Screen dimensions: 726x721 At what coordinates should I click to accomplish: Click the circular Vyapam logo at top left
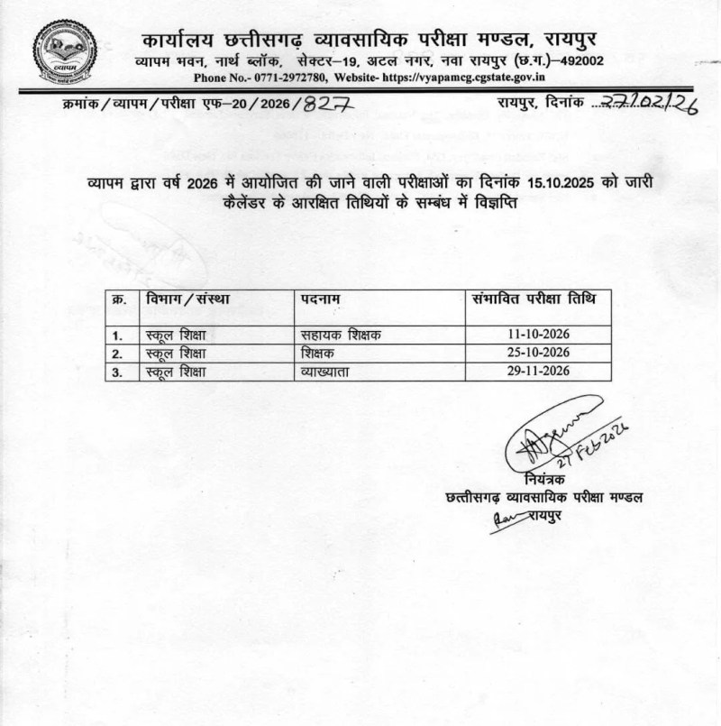[x=64, y=51]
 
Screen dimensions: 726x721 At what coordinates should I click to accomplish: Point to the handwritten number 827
[x=327, y=105]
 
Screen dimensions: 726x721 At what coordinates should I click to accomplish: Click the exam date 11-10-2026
[x=539, y=335]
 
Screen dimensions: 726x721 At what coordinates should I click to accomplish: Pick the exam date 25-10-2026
[x=539, y=353]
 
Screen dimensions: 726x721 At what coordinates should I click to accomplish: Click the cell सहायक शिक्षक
[x=340, y=335]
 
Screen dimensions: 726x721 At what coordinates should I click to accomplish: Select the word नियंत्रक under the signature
[x=543, y=478]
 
